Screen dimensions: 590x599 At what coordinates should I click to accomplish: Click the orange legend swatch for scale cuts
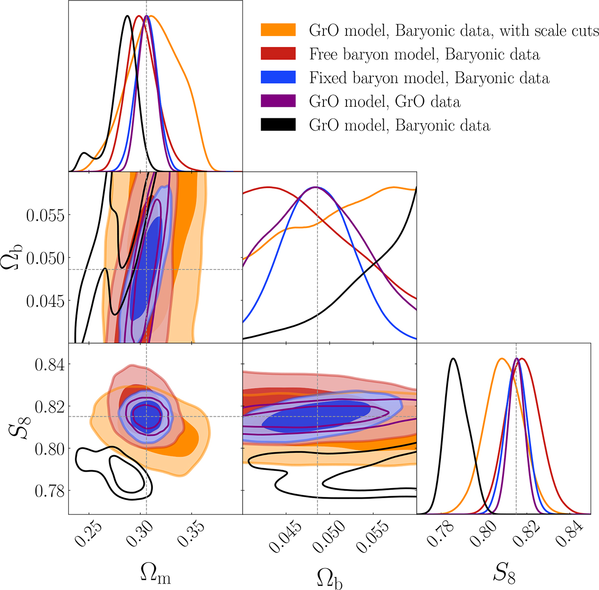click(278, 30)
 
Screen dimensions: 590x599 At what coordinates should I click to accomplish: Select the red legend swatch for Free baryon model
click(278, 53)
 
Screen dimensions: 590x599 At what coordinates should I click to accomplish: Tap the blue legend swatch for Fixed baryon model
click(278, 77)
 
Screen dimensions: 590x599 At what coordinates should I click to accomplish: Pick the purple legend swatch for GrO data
click(278, 101)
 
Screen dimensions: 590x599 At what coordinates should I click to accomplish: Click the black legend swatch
click(278, 125)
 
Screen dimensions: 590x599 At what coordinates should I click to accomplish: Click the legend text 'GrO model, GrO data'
click(385, 102)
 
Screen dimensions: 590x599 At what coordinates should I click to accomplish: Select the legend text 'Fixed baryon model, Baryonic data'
click(429, 78)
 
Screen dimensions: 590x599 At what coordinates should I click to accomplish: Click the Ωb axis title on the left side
click(15, 258)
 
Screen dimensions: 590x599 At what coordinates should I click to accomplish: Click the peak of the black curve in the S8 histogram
click(453, 358)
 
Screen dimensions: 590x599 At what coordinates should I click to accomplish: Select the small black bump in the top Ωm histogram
click(84, 153)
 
